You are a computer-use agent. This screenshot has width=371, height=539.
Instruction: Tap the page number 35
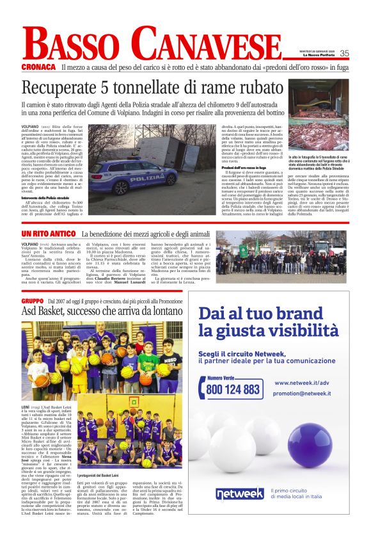(344, 54)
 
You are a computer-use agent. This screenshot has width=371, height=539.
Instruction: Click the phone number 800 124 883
(233, 389)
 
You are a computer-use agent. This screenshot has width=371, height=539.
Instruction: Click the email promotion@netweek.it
(303, 394)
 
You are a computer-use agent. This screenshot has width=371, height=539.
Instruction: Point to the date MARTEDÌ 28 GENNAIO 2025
(318, 51)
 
